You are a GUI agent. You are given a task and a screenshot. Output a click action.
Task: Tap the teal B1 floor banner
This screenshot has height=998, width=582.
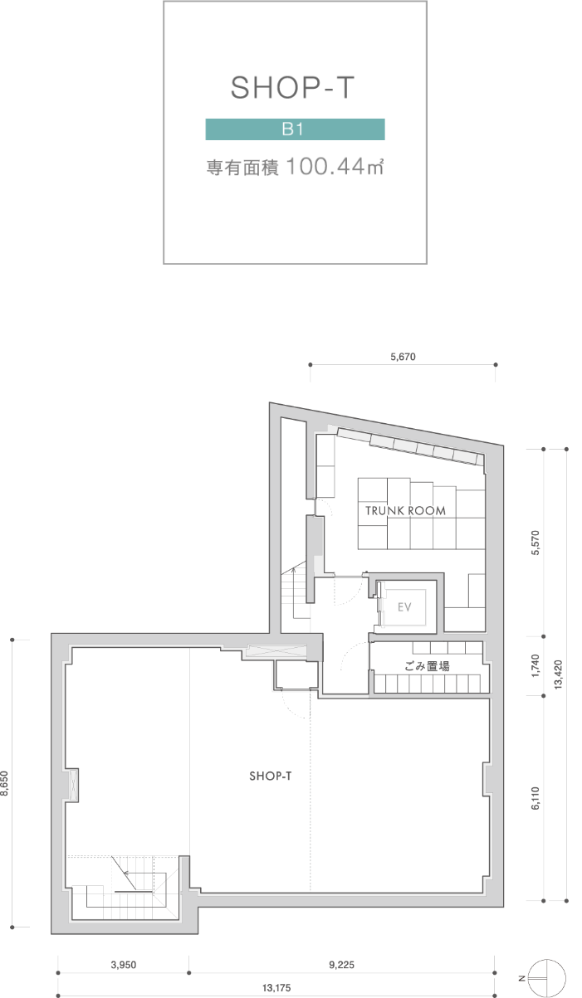[x=295, y=129]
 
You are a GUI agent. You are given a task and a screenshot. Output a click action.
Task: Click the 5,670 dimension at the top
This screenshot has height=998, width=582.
[x=402, y=358]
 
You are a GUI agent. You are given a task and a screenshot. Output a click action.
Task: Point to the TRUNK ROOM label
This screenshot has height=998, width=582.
[x=405, y=511]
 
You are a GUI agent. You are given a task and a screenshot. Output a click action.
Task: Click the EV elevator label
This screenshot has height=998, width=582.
[x=404, y=607]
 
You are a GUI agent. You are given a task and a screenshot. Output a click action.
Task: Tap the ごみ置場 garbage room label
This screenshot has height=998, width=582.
[x=427, y=665]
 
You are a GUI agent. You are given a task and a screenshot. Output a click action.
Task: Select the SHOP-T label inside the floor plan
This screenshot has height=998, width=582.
[x=270, y=776]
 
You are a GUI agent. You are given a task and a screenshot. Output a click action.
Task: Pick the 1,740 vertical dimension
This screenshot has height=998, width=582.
[x=536, y=665]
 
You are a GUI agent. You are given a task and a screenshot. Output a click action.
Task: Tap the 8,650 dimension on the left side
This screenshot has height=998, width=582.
[x=6, y=783]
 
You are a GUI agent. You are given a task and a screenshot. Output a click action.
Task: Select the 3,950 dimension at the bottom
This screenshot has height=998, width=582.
[x=123, y=965]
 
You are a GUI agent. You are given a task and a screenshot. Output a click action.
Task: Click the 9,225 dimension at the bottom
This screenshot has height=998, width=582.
[x=341, y=965]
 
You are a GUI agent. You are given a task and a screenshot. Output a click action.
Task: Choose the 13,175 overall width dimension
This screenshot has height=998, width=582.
[x=276, y=988]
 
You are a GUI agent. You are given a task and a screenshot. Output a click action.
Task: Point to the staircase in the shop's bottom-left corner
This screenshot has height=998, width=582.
[x=125, y=888]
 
